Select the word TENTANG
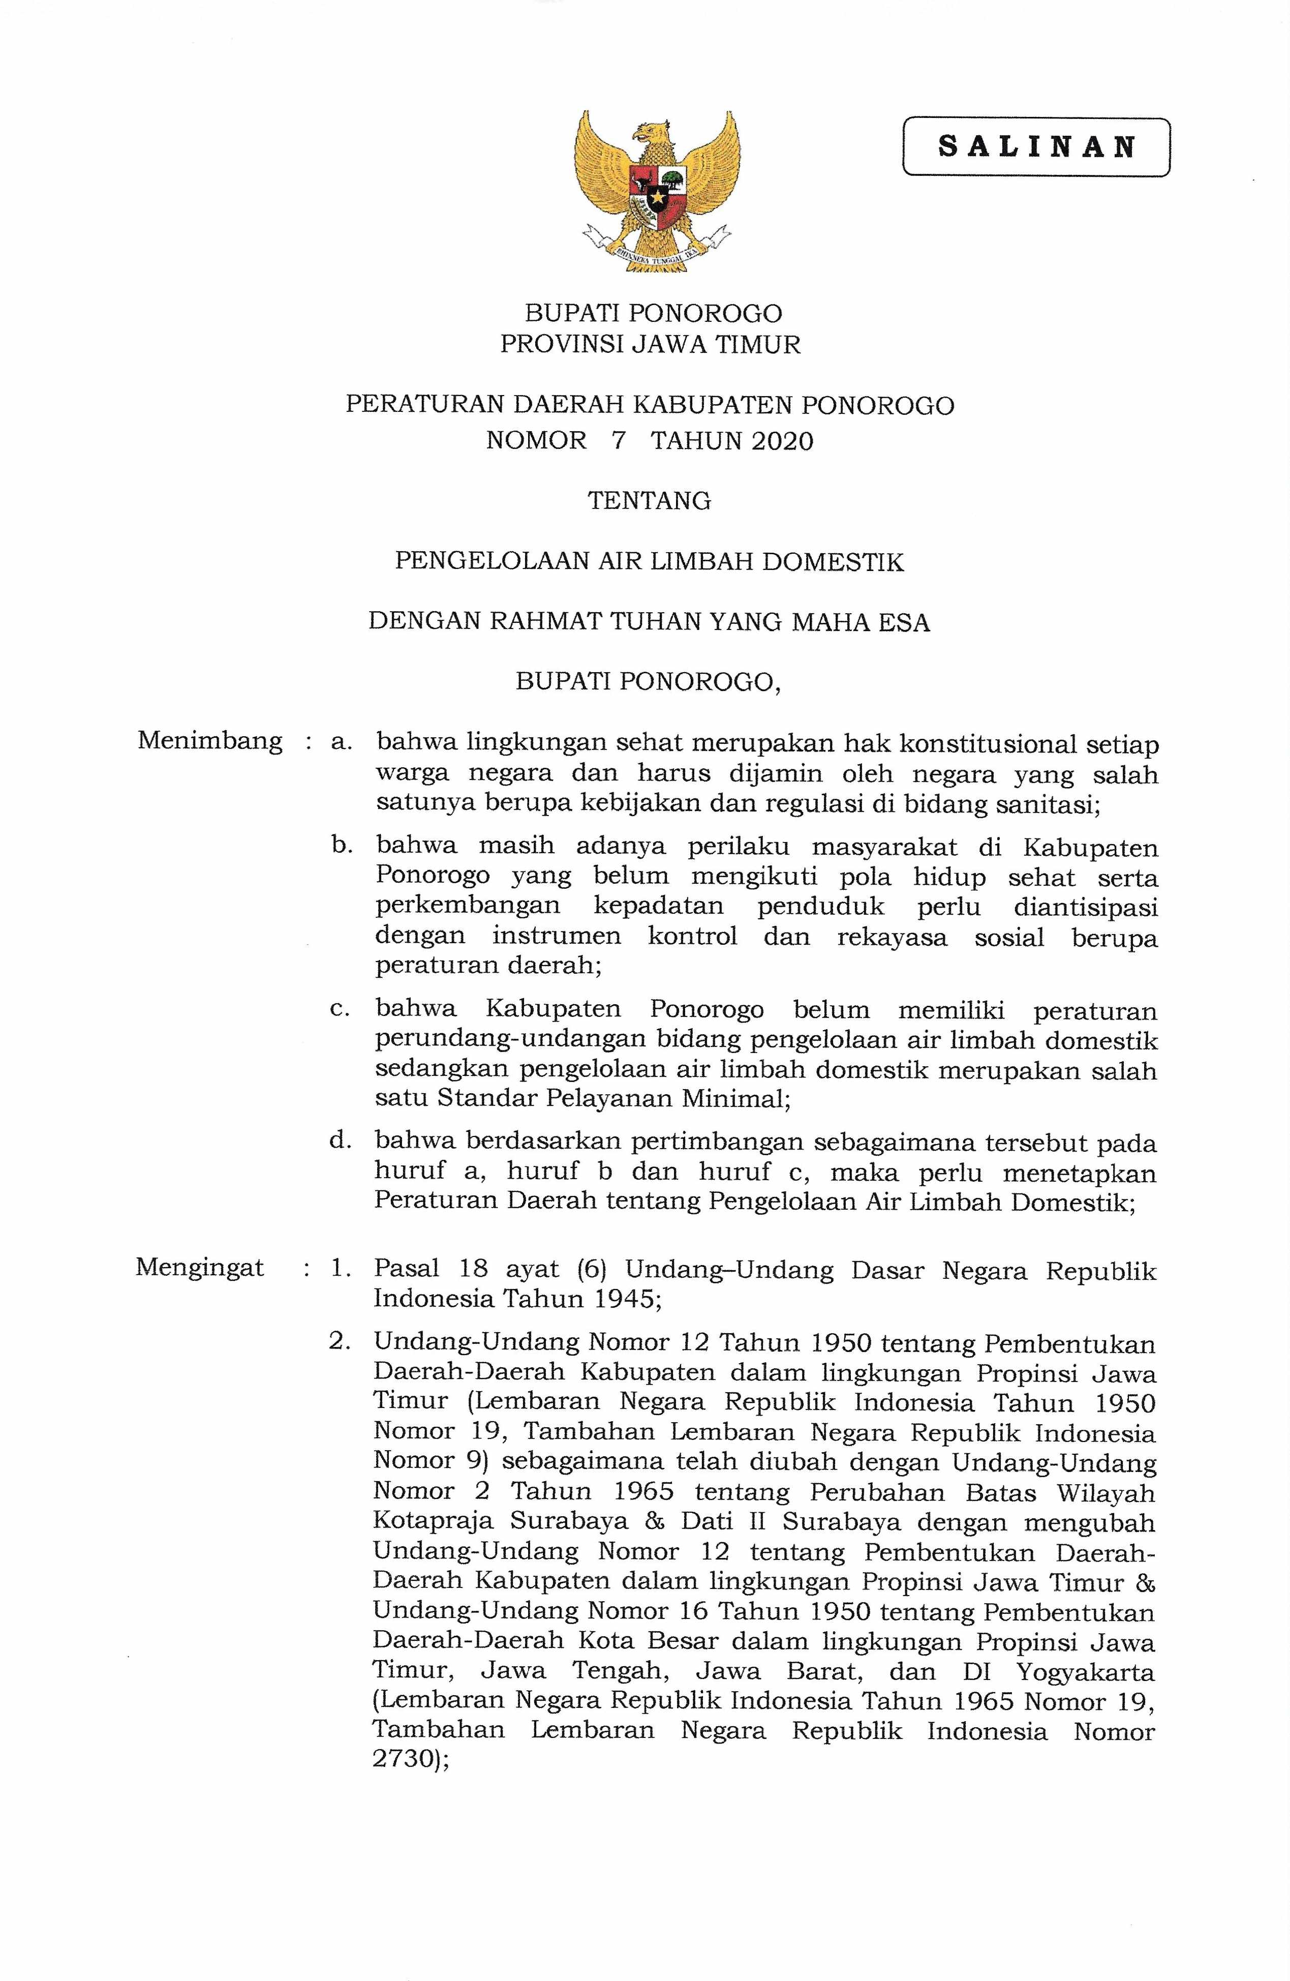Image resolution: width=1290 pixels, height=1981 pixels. [x=649, y=501]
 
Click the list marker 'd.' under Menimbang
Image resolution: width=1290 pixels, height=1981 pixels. [x=341, y=1140]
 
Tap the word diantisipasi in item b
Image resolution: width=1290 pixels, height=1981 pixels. [x=1085, y=907]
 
